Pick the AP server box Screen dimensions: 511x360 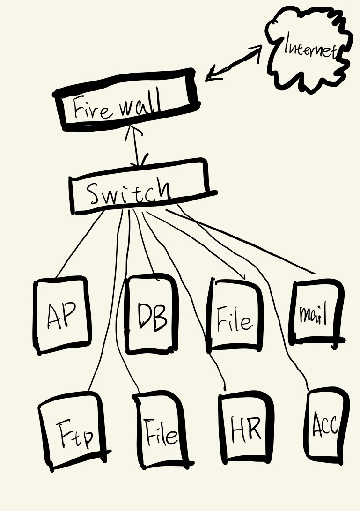62,314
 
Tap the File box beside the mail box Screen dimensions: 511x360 234,316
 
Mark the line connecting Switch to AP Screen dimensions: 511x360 80,244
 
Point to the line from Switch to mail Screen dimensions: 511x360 243,241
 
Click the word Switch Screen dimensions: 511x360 129,192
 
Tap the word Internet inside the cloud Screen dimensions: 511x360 310,47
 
